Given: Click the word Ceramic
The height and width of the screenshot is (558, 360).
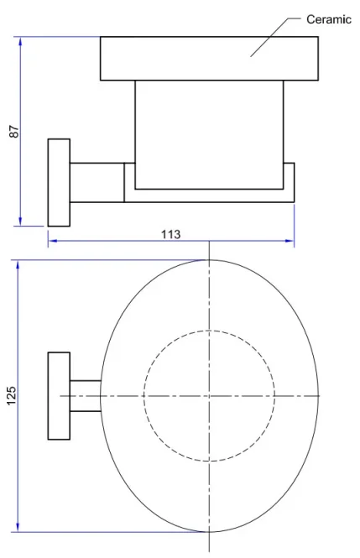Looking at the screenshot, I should click(x=329, y=18).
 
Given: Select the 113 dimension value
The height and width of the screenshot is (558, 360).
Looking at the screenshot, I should click(x=171, y=234).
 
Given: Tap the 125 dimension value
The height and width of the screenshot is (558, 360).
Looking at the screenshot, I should click(x=11, y=395).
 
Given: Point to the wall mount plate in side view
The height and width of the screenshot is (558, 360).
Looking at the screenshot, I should click(x=59, y=182).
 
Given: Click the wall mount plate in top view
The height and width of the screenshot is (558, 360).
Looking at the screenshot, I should click(x=58, y=395).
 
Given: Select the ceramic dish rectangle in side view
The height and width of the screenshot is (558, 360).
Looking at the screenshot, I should click(x=209, y=59).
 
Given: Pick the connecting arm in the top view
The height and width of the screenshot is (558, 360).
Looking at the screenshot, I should click(x=85, y=395).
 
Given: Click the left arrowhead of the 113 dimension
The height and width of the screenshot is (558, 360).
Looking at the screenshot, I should click(x=51, y=242).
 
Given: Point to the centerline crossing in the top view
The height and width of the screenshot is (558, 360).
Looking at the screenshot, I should click(x=209, y=395).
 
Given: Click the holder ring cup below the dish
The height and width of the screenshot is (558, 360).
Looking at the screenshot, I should click(x=209, y=134).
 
